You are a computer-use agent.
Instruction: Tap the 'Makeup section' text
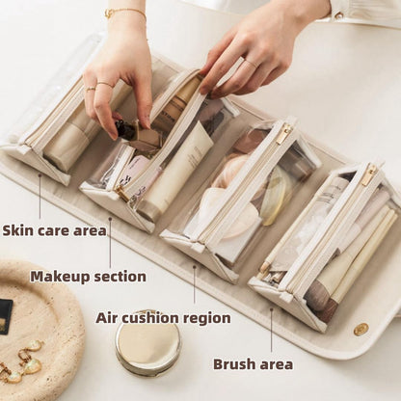[88, 277]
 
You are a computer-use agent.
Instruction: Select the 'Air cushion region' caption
[163, 317]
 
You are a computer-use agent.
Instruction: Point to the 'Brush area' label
[253, 363]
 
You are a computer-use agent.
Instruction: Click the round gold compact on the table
[147, 342]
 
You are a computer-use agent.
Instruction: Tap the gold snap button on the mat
[361, 329]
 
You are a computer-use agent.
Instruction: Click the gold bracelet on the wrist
[125, 13]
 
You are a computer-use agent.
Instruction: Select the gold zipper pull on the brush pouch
[368, 174]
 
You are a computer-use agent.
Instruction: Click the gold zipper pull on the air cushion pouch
[283, 133]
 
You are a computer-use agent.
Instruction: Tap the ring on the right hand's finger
[249, 64]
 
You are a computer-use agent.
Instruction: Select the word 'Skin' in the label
[18, 230]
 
